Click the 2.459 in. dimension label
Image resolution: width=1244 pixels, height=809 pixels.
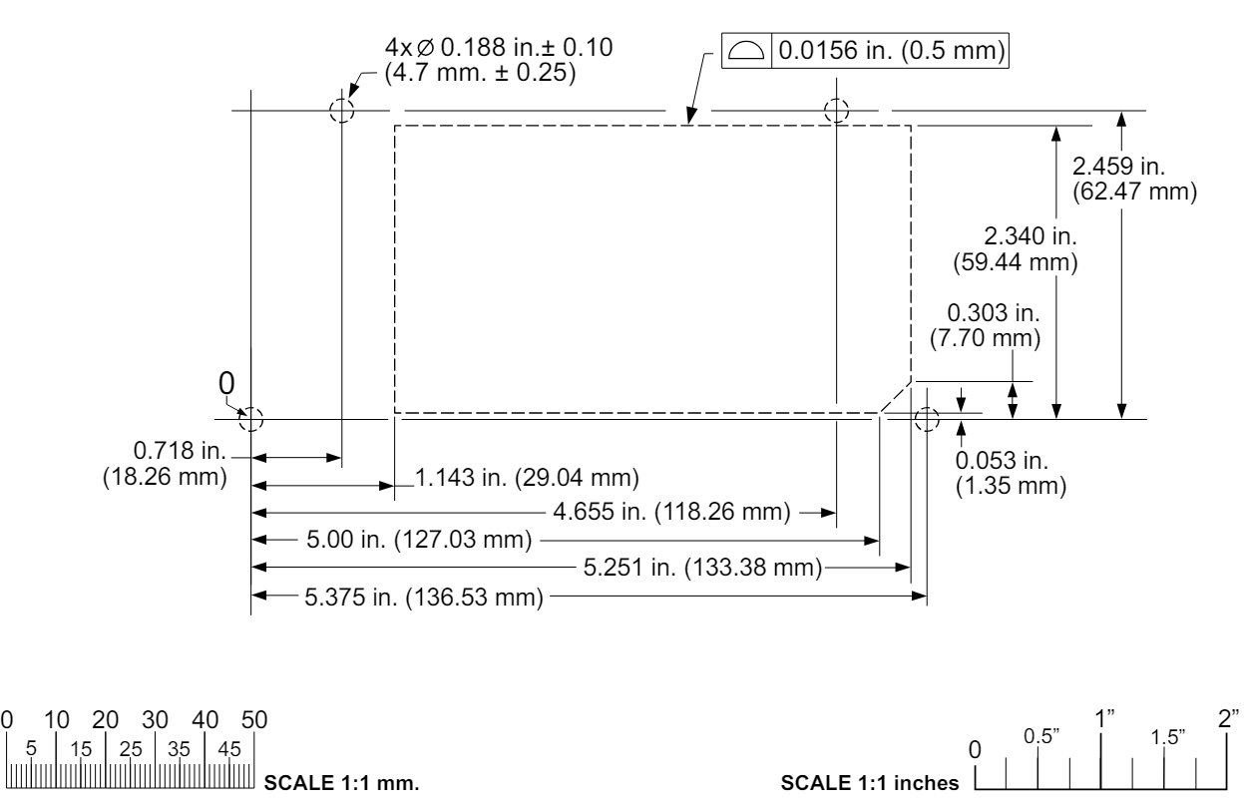pyautogui.click(x=1134, y=179)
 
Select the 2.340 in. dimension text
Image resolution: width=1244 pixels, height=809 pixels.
pyautogui.click(x=1016, y=249)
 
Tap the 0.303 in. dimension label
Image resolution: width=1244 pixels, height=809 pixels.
pyautogui.click(x=986, y=325)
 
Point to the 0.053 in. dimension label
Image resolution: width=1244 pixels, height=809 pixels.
pyautogui.click(x=1011, y=473)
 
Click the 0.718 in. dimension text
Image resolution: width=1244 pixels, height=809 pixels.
pyautogui.click(x=165, y=464)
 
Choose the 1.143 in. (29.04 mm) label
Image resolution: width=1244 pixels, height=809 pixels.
pyautogui.click(x=527, y=478)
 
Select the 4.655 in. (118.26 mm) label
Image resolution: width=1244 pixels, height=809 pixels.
pyautogui.click(x=671, y=512)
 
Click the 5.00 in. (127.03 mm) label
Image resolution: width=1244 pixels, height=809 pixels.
pyautogui.click(x=419, y=539)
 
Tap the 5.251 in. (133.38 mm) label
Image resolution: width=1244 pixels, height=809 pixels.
pyautogui.click(x=702, y=568)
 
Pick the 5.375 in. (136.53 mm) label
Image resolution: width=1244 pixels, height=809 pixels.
pyautogui.click(x=424, y=598)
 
